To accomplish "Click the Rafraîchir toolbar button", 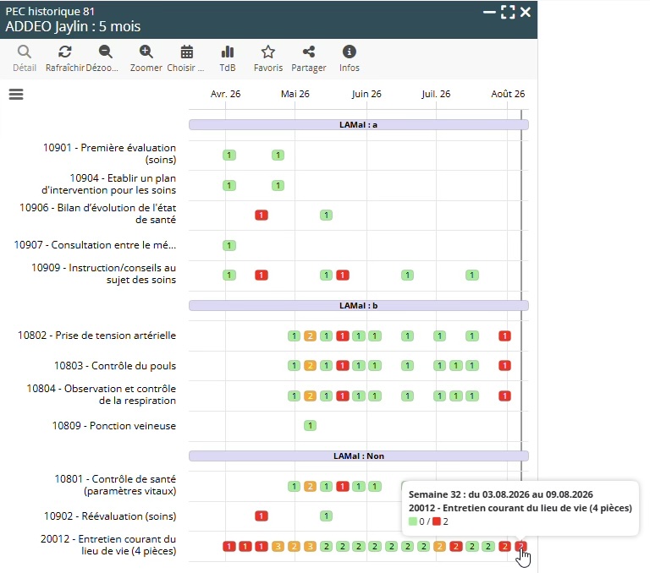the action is click(64, 58).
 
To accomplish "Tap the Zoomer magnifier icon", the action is click(146, 52).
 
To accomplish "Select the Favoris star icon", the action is click(268, 52).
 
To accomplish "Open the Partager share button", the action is click(308, 58).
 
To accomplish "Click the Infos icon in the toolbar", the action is click(349, 52).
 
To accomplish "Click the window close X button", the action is click(526, 12).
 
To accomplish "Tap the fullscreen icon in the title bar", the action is click(508, 12).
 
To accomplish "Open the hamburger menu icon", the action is click(16, 95).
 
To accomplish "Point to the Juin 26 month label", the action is click(366, 94).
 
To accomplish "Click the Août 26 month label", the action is click(508, 94).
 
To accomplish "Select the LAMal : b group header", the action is click(359, 306).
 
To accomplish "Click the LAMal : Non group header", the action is click(359, 456).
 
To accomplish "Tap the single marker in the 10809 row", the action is click(310, 426).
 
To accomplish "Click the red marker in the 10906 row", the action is click(262, 216).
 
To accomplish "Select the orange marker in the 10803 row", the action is click(310, 366).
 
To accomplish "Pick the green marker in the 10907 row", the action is click(229, 246).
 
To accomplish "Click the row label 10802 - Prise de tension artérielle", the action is click(96, 336).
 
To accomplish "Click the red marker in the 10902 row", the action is click(262, 516).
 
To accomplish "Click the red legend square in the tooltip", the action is click(436, 521).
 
